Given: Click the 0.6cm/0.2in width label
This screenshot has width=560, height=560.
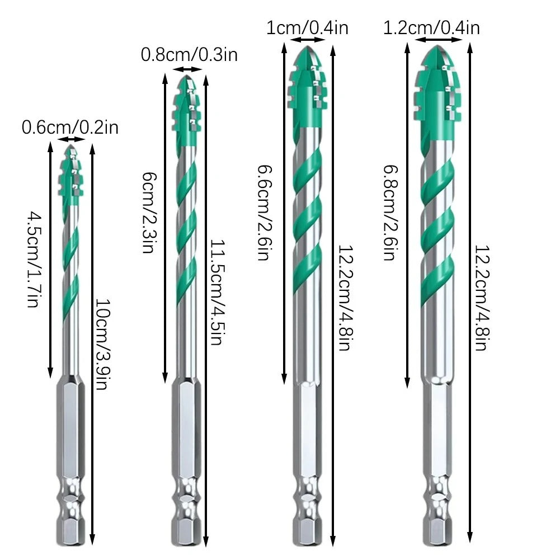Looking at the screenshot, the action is click(70, 128).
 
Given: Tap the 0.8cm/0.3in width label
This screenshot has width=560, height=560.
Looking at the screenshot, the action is click(189, 55).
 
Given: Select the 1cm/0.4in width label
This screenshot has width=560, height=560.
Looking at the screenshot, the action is click(307, 27).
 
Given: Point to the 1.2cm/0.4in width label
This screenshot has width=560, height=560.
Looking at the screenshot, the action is click(431, 27).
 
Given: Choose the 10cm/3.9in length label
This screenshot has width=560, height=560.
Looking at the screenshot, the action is click(103, 343).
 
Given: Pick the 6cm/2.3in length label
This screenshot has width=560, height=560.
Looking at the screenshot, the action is click(149, 213).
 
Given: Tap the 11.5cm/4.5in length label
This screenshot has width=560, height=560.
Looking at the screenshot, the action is click(218, 292).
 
